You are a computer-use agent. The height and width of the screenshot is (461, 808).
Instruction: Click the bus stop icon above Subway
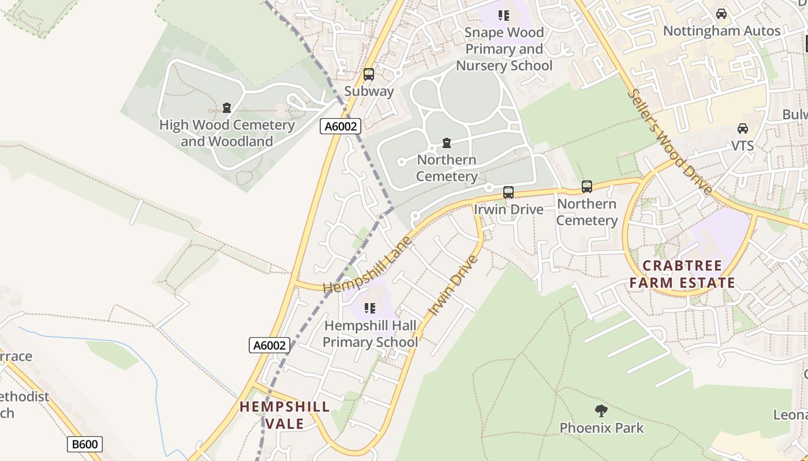click(368, 74)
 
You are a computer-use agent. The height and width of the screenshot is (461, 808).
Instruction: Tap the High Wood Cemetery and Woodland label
click(227, 133)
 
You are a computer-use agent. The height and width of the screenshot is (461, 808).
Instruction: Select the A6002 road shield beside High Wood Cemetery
click(341, 126)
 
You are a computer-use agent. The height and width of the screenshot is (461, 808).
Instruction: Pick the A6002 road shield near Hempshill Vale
click(270, 345)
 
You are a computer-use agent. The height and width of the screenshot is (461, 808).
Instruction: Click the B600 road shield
click(84, 444)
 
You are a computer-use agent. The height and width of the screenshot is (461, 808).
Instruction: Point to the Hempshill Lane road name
click(367, 264)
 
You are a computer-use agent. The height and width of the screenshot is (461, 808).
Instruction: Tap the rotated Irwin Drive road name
click(454, 286)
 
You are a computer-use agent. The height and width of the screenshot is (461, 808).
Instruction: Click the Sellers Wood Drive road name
click(669, 142)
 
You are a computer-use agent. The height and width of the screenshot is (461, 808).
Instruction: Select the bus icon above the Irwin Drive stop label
click(508, 192)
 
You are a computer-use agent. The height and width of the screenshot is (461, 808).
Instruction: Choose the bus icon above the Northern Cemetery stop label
click(587, 187)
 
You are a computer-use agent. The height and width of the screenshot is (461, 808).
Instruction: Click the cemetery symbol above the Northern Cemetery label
click(446, 143)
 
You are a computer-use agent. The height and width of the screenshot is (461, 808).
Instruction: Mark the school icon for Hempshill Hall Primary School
click(370, 308)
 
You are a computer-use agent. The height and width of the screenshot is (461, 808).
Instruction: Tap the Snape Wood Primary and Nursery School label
click(504, 50)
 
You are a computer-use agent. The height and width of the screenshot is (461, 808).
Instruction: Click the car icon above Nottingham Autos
click(721, 14)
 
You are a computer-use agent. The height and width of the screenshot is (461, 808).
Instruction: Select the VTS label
click(743, 146)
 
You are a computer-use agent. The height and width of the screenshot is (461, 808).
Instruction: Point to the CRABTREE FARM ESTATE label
click(682, 274)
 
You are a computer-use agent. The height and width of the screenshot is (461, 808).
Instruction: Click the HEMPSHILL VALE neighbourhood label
click(285, 415)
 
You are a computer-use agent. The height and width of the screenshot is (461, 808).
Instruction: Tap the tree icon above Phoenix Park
click(601, 411)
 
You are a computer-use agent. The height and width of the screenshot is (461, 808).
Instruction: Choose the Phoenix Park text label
click(601, 428)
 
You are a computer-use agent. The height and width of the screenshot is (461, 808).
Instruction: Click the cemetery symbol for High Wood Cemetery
click(227, 108)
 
